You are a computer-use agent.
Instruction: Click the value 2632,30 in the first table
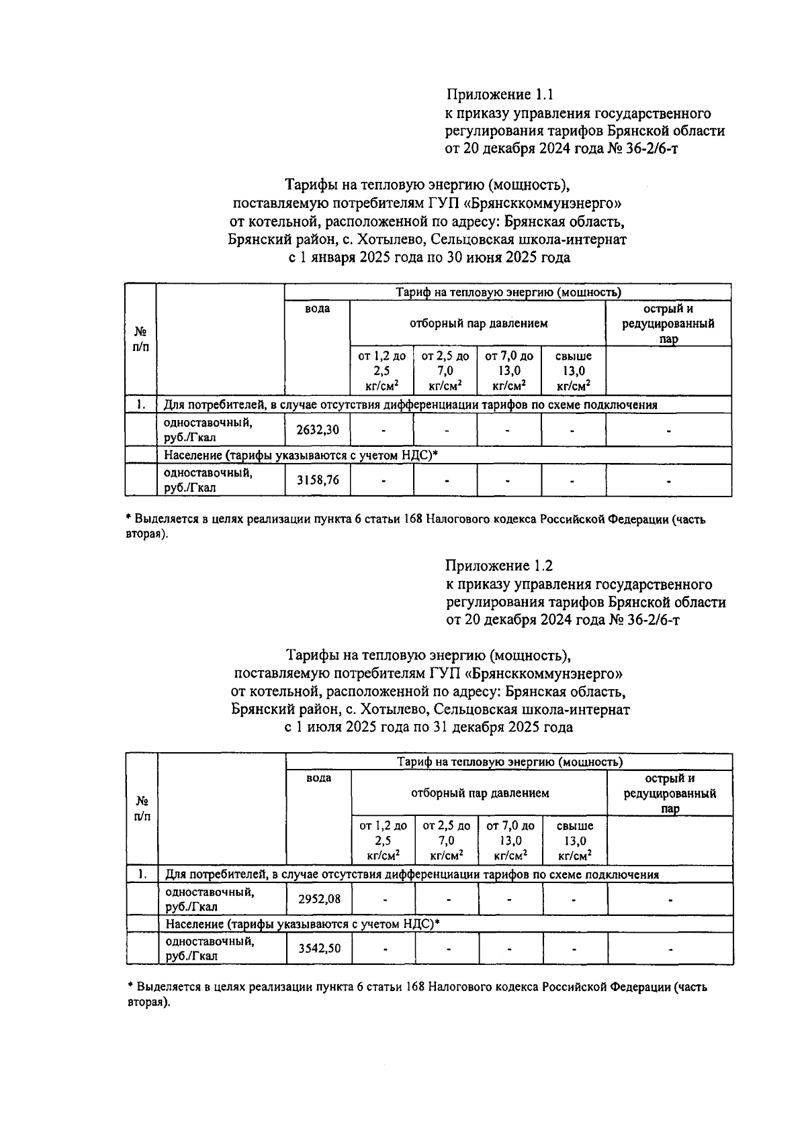[x=318, y=430]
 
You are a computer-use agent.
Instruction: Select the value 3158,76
[x=318, y=480]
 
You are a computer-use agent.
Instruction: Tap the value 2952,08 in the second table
[x=319, y=900]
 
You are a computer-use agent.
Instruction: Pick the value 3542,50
[x=319, y=948]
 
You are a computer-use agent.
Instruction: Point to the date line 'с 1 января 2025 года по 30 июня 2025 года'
[x=429, y=258]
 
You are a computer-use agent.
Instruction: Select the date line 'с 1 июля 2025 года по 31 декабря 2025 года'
[x=430, y=727]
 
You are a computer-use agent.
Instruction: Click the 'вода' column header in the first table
[x=318, y=309]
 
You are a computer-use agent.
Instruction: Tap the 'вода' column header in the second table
[x=318, y=778]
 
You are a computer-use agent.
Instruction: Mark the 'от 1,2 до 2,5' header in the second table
[x=383, y=840]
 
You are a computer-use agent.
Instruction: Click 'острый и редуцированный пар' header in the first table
[x=668, y=323]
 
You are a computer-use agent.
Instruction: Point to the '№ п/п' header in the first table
[x=140, y=340]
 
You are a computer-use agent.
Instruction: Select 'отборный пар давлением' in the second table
[x=480, y=793]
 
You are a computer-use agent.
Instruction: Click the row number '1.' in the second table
[x=142, y=874]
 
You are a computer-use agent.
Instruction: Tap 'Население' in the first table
[x=193, y=456]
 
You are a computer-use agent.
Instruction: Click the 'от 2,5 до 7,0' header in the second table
[x=447, y=840]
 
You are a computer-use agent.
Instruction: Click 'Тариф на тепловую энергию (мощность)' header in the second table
[x=509, y=762]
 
